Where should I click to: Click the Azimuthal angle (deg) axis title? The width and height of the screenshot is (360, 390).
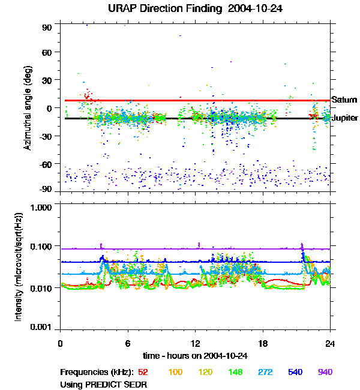pos(28,108)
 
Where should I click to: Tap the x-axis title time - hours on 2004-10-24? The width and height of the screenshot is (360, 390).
pos(194,356)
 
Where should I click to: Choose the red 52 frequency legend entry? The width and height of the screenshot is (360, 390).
pos(144,372)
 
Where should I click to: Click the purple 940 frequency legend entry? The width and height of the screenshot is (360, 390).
pos(325,372)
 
